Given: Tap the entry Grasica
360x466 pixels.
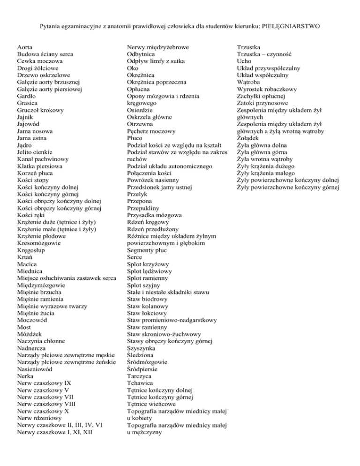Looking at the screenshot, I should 28,103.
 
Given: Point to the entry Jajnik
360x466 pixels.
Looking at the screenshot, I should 26,117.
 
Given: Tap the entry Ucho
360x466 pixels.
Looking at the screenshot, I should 244,61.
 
